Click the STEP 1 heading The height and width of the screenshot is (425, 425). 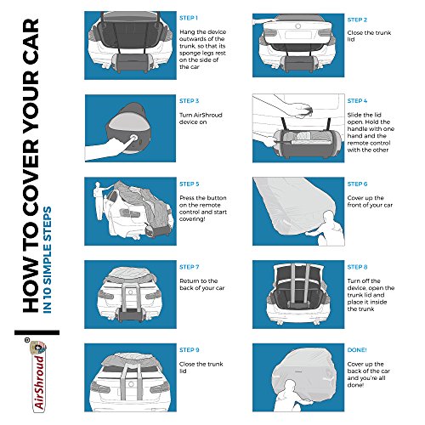click(x=189, y=18)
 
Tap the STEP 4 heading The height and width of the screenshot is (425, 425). click(x=357, y=101)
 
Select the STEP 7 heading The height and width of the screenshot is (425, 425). click(x=190, y=267)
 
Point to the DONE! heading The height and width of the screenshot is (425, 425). click(x=357, y=350)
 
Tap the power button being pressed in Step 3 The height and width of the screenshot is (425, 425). click(x=133, y=138)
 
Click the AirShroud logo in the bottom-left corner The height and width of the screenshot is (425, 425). click(x=38, y=375)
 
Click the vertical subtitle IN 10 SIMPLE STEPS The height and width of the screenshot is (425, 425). click(x=47, y=260)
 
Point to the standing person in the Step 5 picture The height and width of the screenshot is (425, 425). click(x=99, y=201)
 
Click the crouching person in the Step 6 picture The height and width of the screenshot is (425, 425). click(x=330, y=229)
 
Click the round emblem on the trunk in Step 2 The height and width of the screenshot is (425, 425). click(x=297, y=26)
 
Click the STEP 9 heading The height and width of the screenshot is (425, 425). click(x=190, y=350)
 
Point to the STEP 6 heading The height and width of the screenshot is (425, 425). click(x=357, y=184)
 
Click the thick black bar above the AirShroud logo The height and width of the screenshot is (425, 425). click(x=37, y=332)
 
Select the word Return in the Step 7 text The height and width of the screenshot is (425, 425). click(x=190, y=281)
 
